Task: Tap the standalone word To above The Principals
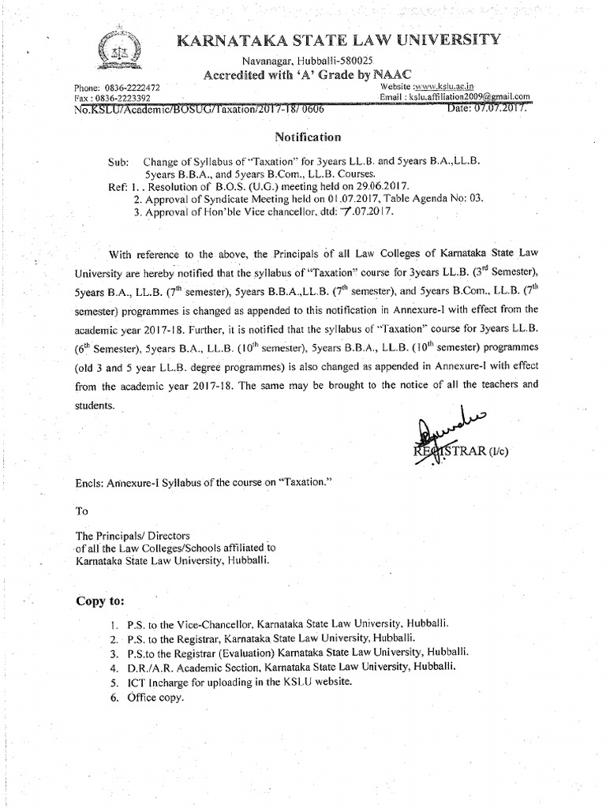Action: (x=82, y=510)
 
